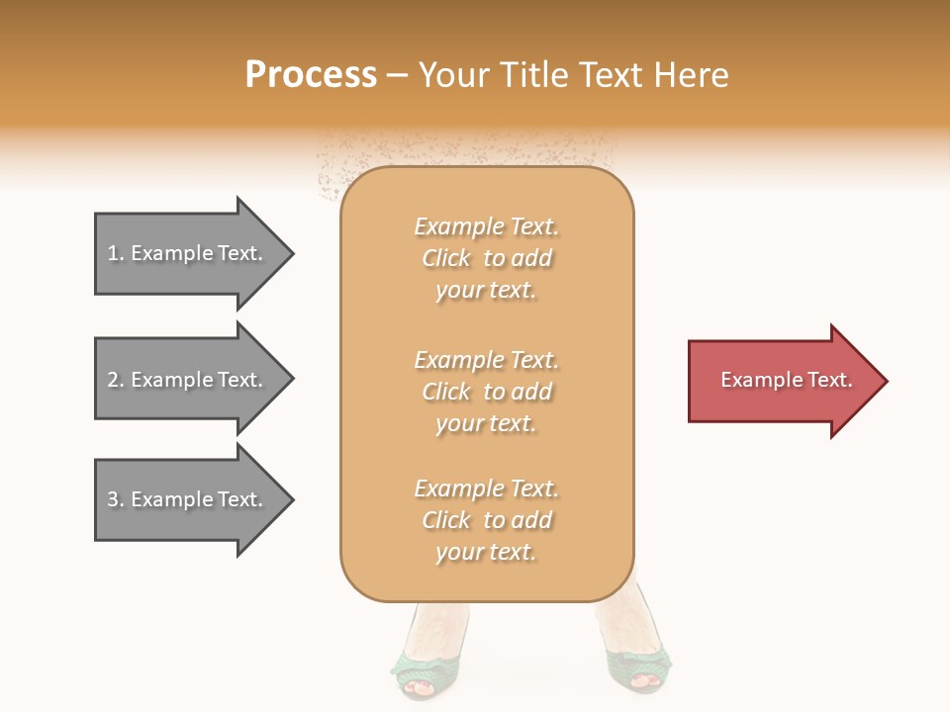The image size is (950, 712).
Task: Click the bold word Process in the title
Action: tap(311, 75)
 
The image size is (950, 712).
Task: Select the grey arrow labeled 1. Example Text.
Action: tap(188, 254)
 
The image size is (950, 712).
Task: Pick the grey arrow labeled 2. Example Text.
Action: tap(188, 380)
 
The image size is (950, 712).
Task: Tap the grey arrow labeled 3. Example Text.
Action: tap(188, 499)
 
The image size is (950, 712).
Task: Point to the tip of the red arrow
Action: tap(886, 381)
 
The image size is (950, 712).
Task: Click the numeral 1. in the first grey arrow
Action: tap(116, 254)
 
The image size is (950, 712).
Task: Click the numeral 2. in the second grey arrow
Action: tap(116, 380)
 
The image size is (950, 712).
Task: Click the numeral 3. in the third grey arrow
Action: tap(116, 499)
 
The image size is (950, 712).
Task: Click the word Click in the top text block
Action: tap(446, 258)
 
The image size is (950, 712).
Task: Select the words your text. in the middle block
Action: tap(486, 423)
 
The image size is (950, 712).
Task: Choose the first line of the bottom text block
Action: tap(486, 489)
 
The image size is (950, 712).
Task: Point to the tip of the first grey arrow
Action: tap(292, 254)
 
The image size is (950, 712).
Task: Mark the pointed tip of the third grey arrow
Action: tap(292, 499)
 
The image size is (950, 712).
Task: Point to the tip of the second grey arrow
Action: tap(292, 380)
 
